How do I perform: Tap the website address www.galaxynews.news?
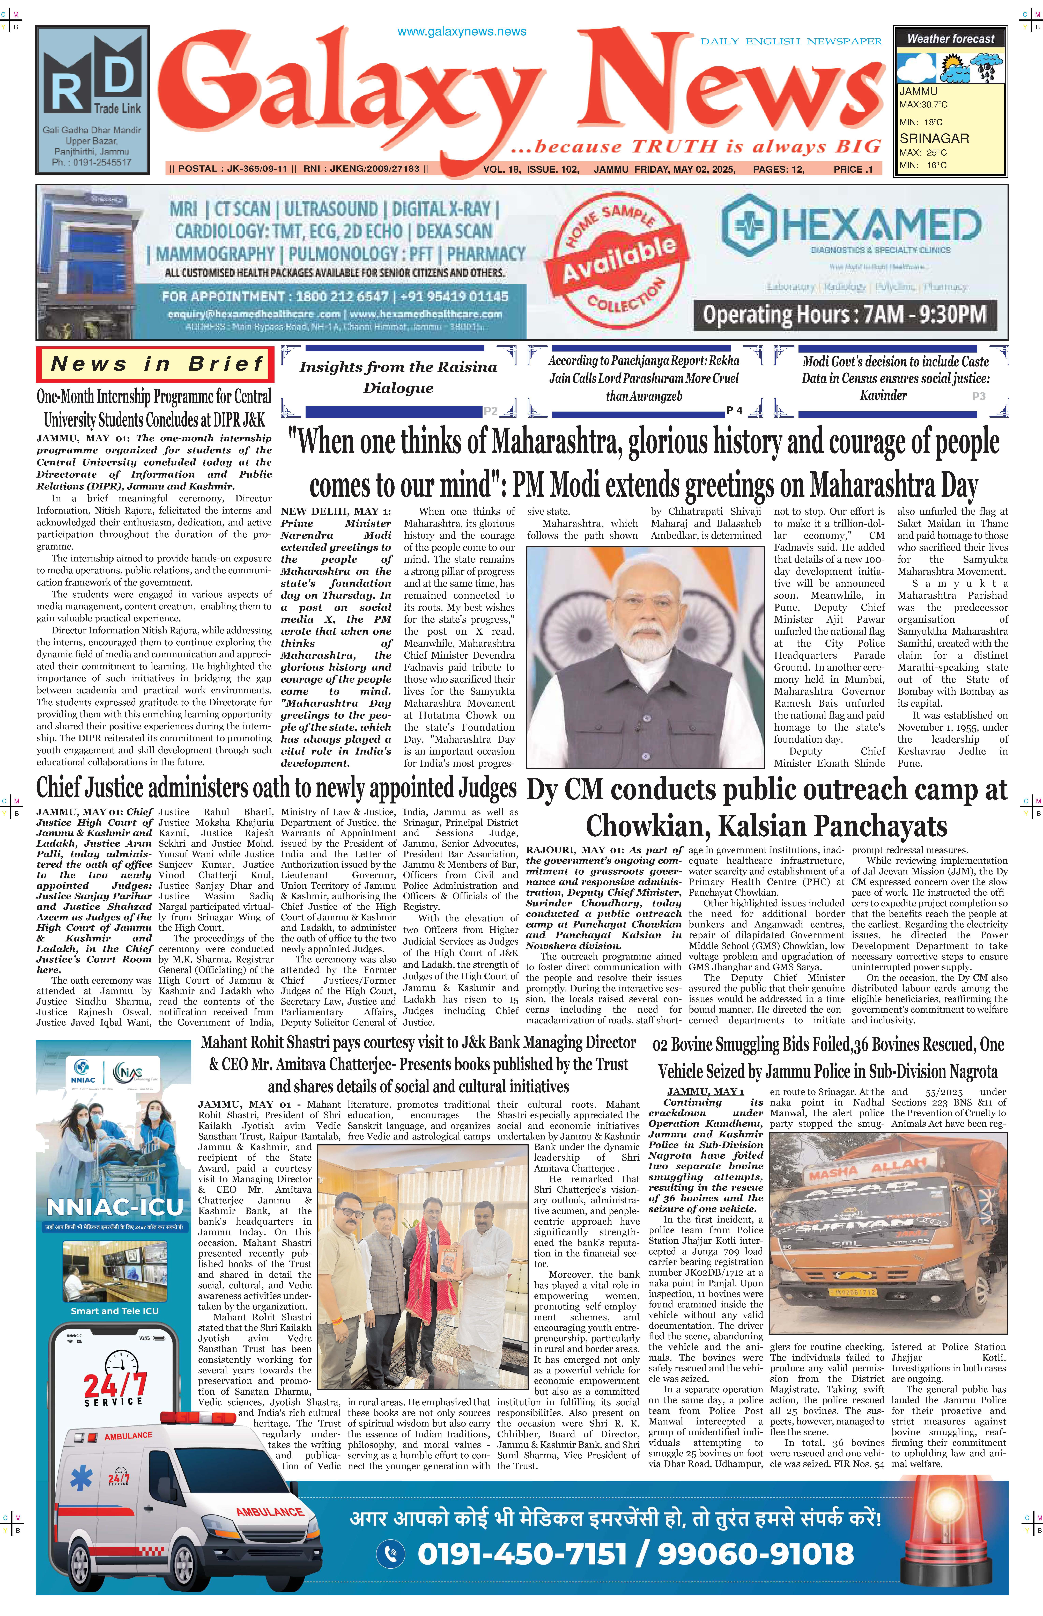click(x=461, y=31)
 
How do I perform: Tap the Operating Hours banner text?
click(x=844, y=314)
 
